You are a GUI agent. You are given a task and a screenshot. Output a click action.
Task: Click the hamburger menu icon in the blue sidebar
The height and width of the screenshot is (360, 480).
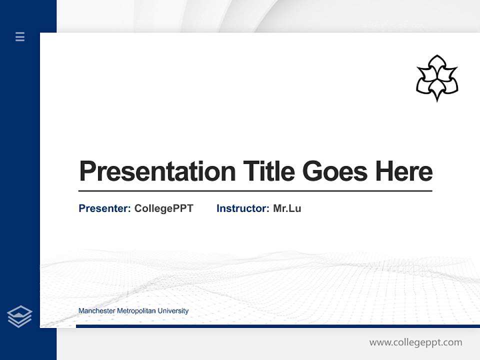point(20,36)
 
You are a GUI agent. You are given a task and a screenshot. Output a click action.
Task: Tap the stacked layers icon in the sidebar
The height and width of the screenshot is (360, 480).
point(19,316)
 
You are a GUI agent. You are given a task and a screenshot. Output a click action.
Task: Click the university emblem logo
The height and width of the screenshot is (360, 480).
point(437,78)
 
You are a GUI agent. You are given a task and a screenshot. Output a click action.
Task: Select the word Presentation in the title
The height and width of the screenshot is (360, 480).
point(157,171)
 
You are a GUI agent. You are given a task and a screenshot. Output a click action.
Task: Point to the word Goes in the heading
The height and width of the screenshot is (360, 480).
point(335,171)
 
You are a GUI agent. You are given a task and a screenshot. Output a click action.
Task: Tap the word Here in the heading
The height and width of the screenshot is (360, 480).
point(404,171)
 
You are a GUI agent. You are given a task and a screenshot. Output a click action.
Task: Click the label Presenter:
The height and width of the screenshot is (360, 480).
point(104,208)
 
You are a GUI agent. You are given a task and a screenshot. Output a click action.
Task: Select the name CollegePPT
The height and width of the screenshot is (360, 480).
point(163,208)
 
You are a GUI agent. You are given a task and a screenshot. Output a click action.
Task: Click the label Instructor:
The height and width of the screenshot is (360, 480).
point(242,208)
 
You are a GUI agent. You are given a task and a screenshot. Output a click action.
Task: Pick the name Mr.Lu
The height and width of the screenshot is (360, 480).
point(287,208)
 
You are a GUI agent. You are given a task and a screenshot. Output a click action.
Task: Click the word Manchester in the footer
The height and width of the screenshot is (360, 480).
point(96,311)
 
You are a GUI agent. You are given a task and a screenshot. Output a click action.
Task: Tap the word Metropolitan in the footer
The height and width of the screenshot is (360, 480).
point(136,311)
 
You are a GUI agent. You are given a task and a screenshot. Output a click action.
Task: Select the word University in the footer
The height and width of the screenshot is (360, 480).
point(173,311)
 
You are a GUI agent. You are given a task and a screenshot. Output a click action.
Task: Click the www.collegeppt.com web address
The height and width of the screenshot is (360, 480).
point(415,342)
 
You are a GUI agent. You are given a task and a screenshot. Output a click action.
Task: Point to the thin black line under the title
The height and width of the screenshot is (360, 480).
point(255,190)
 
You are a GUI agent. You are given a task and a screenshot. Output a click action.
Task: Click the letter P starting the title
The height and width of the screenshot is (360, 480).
point(87,171)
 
